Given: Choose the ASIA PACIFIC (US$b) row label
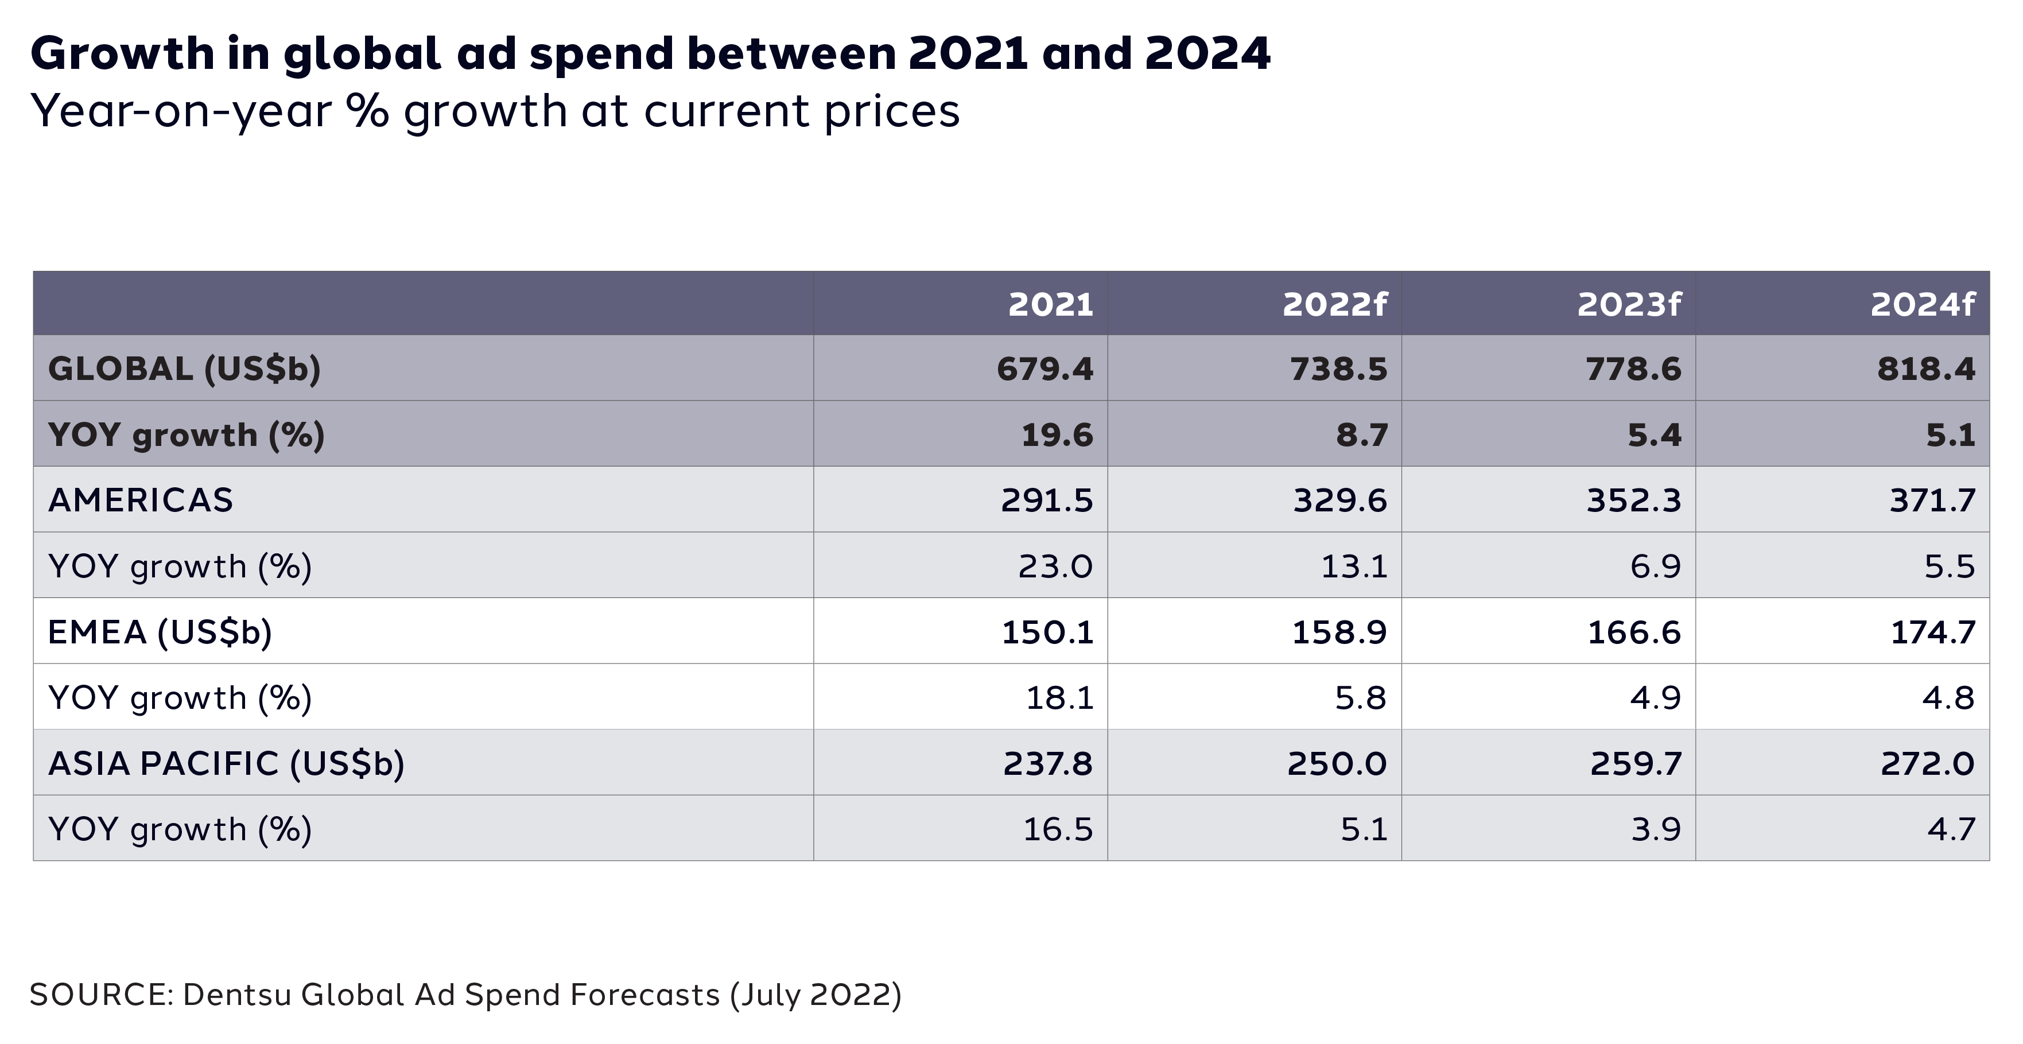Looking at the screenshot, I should coord(226,763).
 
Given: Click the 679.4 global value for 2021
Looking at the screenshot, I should coord(1044,369).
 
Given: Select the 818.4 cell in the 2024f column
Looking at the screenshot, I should coord(1925,369).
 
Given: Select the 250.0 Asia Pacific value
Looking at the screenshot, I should coord(1337,763).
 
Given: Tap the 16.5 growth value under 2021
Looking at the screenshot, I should coord(1057,829).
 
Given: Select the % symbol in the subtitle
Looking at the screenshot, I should coord(367,111).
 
